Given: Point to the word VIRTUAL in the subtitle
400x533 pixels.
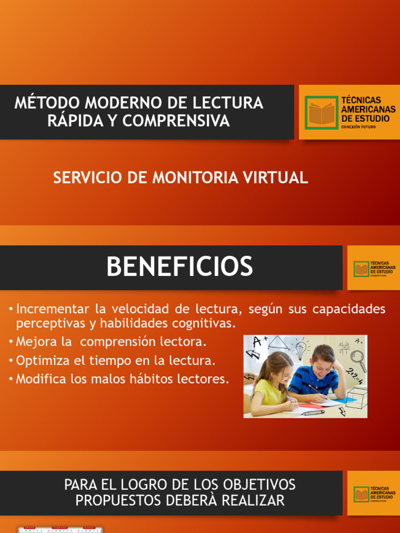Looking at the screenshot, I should [x=279, y=178].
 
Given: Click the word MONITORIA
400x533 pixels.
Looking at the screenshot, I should [x=192, y=178].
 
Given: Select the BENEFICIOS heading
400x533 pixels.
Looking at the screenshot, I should [x=180, y=267].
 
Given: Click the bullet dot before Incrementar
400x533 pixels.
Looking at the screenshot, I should [x=10, y=310].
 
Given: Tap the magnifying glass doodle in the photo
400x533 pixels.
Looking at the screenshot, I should [x=358, y=359].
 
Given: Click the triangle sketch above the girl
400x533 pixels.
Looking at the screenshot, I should [x=279, y=343].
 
